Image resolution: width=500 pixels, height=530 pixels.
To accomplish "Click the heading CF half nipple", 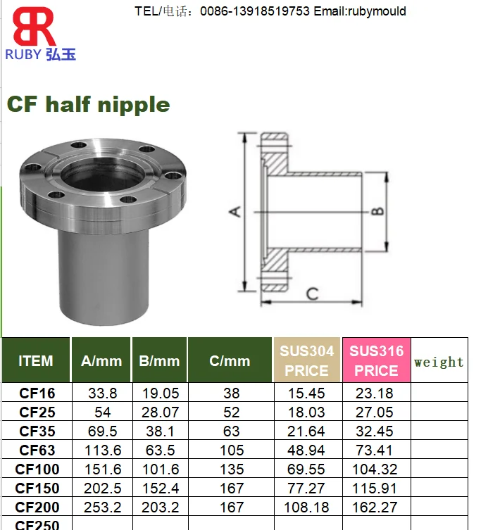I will click(89, 104).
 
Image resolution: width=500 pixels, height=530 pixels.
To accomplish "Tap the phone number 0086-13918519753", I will click(255, 11).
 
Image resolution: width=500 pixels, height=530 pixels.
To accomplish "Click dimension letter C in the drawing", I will click(313, 294).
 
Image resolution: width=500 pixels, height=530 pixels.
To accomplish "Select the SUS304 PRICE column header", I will click(307, 360).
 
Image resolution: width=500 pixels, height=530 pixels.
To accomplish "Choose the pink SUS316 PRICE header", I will click(376, 360).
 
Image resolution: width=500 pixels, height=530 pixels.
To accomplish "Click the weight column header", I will click(439, 362).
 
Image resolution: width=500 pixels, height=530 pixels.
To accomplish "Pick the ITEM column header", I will click(36, 361).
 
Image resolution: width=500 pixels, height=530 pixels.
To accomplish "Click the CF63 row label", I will click(37, 450).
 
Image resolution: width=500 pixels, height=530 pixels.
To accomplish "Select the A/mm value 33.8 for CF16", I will click(101, 393).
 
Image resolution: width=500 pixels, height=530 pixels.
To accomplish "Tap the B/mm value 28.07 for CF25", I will click(159, 412).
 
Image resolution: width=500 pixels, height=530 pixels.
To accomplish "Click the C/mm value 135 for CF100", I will click(230, 469).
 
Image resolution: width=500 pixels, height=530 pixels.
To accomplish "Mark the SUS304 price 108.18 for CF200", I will click(307, 507).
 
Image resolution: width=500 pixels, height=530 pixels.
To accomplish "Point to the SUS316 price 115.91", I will click(376, 488).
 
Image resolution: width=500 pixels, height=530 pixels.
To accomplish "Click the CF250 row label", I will click(37, 524).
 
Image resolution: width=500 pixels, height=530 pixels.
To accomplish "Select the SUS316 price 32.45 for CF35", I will click(376, 431).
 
